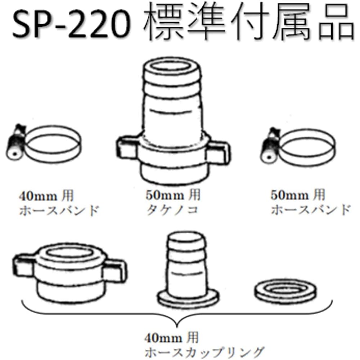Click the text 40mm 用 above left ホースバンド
[46, 196]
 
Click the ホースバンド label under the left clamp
[58, 210]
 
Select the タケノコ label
[172, 210]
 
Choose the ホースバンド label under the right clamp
[310, 210]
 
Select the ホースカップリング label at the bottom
[204, 350]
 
